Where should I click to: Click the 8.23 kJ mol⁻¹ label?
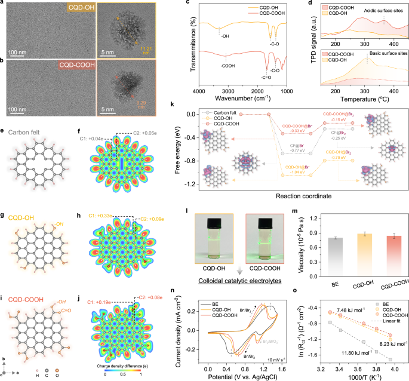point(389,344)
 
